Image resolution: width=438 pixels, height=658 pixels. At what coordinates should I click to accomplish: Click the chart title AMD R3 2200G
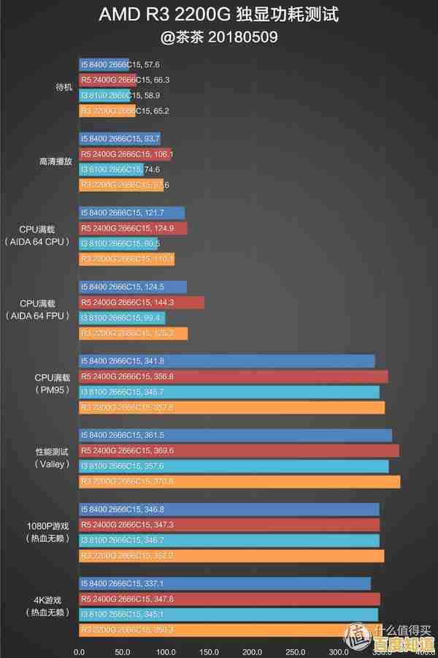218,15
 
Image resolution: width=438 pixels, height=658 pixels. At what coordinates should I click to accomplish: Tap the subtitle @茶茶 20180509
218,36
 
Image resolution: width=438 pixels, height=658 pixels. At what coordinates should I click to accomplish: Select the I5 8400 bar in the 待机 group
104,64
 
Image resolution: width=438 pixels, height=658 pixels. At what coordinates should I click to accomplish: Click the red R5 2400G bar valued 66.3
107,80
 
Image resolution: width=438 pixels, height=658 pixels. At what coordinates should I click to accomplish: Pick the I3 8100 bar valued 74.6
111,169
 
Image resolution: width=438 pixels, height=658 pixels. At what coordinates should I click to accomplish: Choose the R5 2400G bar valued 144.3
142,302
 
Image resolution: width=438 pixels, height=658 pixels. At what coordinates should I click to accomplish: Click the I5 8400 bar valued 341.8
227,360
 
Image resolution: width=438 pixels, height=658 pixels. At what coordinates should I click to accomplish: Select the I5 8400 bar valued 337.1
225,583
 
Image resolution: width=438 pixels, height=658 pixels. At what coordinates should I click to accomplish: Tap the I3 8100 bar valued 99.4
122,317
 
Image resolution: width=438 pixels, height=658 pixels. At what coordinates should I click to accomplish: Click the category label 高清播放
55,161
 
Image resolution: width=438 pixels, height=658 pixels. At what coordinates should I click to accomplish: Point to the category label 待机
64,87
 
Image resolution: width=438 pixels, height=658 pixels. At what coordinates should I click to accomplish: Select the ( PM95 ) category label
53,390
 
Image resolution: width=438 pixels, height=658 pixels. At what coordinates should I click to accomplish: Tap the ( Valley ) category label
53,464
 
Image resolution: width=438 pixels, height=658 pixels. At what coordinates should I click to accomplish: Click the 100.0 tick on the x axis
166,651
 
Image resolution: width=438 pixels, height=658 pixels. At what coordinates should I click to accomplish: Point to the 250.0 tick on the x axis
296,651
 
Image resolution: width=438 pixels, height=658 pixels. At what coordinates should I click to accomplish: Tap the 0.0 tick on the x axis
80,651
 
